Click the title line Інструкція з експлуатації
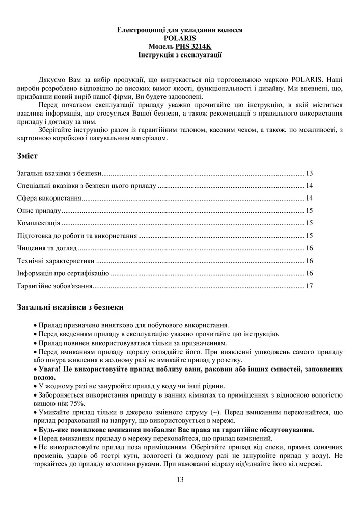coord(180,54)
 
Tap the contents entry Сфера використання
coord(49,198)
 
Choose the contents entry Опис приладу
coord(39,211)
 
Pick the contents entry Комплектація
coord(39,223)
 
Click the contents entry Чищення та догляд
coord(46,248)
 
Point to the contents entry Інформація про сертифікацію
coord(63,273)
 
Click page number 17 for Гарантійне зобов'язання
coord(309,286)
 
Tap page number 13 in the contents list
coord(309,173)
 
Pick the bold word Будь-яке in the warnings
coord(54,430)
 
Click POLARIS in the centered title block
coord(180,38)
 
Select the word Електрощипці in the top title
coord(139,30)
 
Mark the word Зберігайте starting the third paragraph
coord(56,130)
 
